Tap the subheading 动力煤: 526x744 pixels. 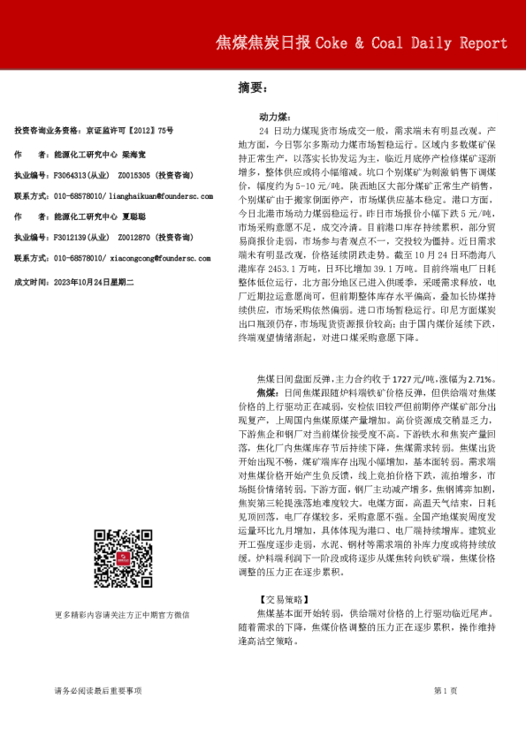click(273, 116)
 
